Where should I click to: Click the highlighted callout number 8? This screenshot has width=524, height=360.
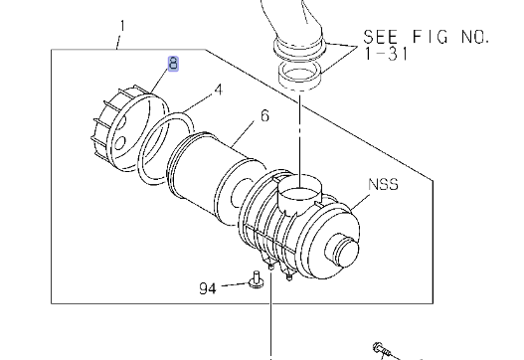click(x=173, y=64)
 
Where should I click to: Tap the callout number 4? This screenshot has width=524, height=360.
click(x=218, y=90)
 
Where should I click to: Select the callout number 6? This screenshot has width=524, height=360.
click(x=264, y=115)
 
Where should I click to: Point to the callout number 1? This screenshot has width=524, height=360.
click(x=122, y=26)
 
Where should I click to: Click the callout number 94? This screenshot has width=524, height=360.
click(x=208, y=288)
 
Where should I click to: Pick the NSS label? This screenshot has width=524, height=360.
click(x=384, y=184)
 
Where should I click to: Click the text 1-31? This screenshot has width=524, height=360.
click(x=387, y=54)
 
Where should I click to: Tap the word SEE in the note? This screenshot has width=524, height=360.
click(x=380, y=37)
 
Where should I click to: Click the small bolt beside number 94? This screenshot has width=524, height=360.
click(x=256, y=280)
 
